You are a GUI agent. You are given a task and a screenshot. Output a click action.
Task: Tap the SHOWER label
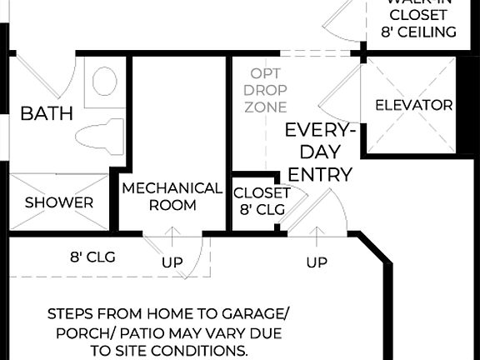tap(58, 202)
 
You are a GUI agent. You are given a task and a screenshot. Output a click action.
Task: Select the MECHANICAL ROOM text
tap(172, 197)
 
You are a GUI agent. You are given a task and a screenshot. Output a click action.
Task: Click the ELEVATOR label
tap(413, 106)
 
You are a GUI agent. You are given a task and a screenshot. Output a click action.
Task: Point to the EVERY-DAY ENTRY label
tap(320, 152)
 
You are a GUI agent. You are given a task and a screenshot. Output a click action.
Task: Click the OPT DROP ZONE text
tap(267, 90)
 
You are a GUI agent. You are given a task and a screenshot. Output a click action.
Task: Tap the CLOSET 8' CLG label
tap(262, 201)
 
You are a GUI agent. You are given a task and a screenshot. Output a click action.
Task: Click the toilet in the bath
tap(99, 134)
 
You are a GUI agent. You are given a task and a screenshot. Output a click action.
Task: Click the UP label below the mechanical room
tap(172, 262)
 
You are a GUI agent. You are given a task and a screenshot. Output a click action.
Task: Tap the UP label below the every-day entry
tap(317, 262)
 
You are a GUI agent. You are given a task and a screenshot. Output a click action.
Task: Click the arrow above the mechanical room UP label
tap(172, 237)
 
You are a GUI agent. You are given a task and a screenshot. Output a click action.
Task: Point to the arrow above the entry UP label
tap(317, 237)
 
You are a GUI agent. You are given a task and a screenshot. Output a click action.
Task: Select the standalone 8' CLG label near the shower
tap(92, 257)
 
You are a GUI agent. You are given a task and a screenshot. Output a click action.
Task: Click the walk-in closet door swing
tap(337, 21)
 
